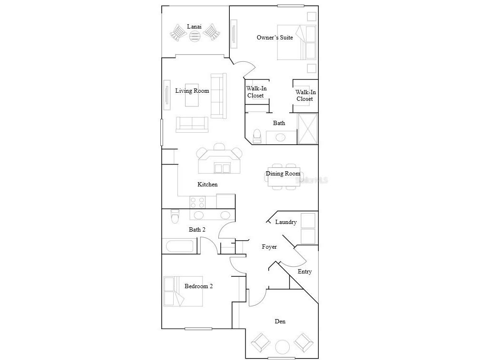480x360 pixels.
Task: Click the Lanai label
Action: click(194, 26)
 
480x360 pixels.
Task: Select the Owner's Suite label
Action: click(274, 38)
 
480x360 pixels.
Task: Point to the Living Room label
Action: click(192, 91)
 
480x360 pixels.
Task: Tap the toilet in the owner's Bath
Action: click(257, 136)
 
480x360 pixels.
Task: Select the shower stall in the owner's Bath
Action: click(307, 128)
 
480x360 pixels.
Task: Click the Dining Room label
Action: click(283, 174)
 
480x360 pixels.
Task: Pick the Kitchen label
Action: click(207, 185)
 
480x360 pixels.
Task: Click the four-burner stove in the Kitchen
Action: click(197, 202)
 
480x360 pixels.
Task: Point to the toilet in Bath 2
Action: click(175, 217)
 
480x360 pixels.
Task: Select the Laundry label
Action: click(286, 222)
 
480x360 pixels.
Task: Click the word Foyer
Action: click(269, 247)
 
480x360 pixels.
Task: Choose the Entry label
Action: click(304, 272)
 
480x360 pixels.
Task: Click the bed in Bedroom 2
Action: click(183, 291)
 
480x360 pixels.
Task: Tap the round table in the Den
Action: click(283, 347)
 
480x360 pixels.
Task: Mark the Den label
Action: click(280, 321)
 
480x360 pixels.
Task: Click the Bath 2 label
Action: click(197, 230)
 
